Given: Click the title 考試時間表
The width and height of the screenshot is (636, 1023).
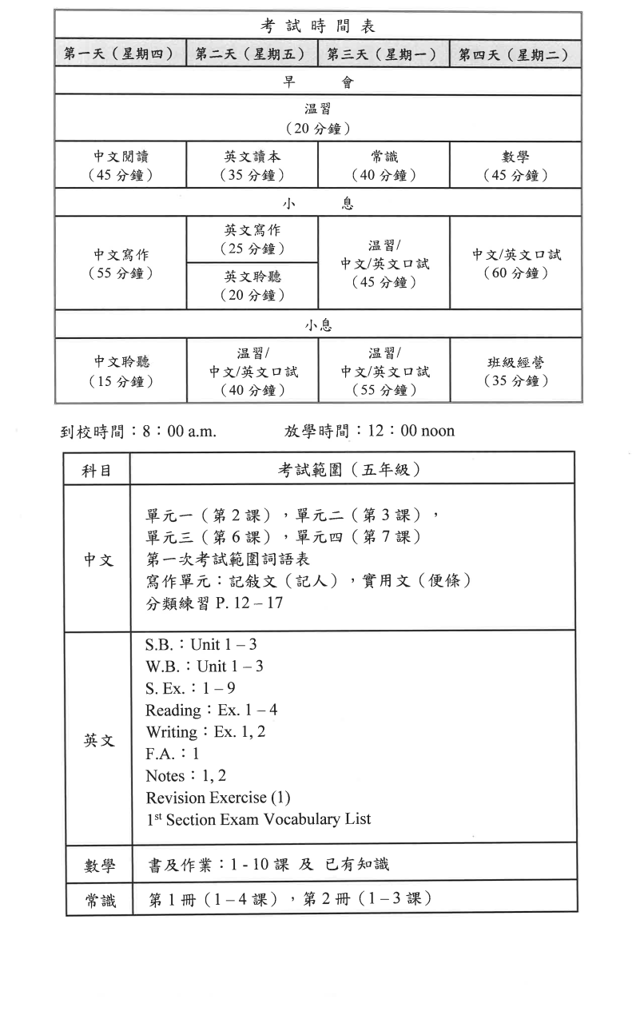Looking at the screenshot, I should pos(318,26).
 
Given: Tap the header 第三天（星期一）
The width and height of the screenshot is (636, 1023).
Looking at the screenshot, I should pos(383,54).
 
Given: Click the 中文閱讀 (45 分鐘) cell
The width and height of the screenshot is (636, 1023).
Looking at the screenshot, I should pos(121,165).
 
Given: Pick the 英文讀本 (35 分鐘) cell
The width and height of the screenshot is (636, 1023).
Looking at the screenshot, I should pos(252,165).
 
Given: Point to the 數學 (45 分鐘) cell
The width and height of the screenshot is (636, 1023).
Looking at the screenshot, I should pos(515,165).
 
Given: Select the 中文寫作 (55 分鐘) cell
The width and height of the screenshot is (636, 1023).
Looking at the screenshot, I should pos(121,263).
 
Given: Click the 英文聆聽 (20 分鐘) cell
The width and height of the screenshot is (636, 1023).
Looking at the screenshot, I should pos(252,285).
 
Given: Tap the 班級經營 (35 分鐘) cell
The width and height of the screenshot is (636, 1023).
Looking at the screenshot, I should pos(515,371).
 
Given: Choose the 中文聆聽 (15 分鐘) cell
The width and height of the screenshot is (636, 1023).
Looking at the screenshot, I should pos(121,371).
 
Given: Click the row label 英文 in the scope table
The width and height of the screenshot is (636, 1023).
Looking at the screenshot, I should pos(98,740).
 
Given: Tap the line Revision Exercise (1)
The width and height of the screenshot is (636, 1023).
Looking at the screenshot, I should pos(218,797).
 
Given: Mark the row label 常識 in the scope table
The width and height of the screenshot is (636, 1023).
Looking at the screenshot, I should pos(99,901).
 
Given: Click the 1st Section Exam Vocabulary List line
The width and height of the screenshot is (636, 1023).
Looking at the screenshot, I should pos(258,819).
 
